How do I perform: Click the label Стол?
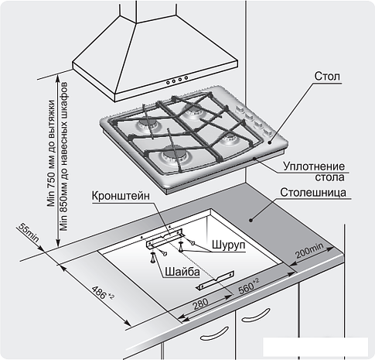(327, 76)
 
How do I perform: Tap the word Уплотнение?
(314, 166)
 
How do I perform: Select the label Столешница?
(313, 193)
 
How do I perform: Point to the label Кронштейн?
(121, 196)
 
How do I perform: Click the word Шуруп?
(228, 245)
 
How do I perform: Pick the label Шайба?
(182, 272)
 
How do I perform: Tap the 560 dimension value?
(248, 286)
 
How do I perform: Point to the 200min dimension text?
(309, 250)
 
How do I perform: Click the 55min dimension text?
(29, 233)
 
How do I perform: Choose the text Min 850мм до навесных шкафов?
(63, 156)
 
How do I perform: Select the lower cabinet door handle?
(214, 334)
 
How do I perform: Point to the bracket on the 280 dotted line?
(216, 280)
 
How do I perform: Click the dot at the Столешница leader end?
(251, 220)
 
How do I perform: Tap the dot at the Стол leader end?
(269, 142)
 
